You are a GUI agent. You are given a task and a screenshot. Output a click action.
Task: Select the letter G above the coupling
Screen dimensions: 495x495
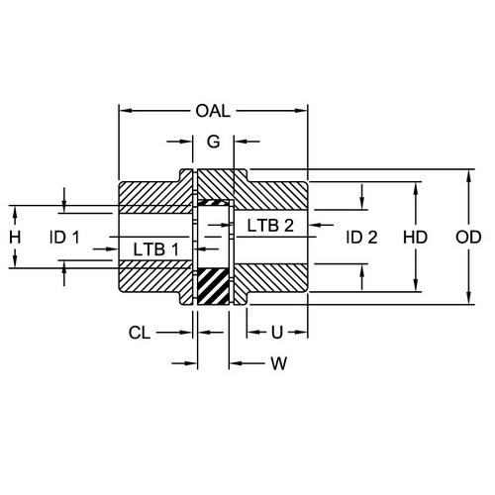click(212, 143)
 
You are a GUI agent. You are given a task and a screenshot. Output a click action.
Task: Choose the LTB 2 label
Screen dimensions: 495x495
click(269, 225)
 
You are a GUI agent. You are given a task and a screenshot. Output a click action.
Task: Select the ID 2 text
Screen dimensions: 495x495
click(361, 238)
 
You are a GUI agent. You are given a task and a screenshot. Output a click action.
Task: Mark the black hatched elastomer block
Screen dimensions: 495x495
click(213, 286)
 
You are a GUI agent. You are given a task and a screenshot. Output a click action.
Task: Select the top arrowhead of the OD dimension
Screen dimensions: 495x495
click(467, 173)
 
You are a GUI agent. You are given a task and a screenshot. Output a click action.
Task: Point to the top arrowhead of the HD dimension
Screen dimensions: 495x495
click(417, 186)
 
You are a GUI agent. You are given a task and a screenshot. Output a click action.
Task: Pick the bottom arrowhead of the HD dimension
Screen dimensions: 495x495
click(417, 288)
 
